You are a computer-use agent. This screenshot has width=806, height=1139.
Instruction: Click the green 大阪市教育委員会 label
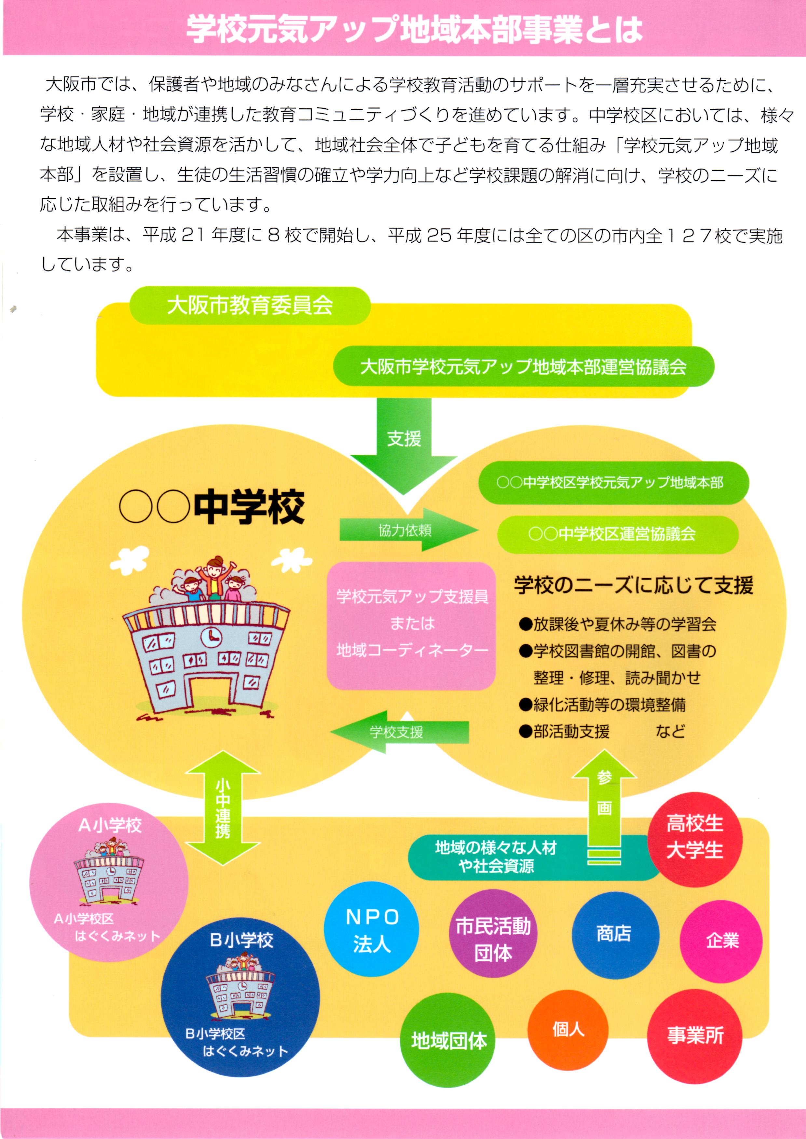click(250, 305)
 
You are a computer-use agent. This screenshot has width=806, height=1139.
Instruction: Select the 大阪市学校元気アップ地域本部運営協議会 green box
click(523, 366)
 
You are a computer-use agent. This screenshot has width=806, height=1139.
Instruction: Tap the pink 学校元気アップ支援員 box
click(411, 626)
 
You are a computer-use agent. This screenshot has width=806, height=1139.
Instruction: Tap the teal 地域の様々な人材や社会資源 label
click(496, 857)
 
